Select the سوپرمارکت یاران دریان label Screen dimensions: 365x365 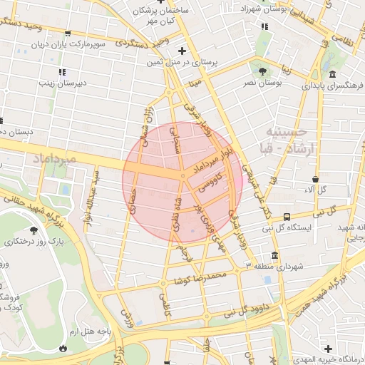click(68, 44)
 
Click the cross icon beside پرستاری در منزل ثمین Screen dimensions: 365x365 click(182, 51)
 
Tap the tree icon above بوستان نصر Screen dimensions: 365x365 click(262, 71)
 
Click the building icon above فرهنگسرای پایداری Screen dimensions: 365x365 click(332, 75)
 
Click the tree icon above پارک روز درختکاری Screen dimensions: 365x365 click(34, 230)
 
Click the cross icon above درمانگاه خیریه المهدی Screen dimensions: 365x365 click(327, 349)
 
